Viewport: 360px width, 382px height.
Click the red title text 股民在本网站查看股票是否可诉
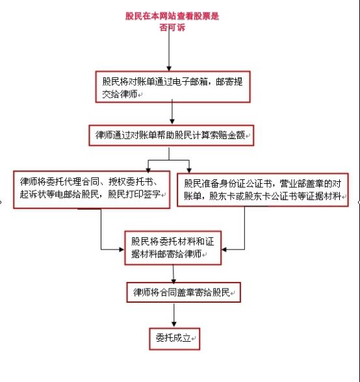click(172, 21)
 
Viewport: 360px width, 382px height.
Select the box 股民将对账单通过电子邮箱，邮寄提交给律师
click(173, 87)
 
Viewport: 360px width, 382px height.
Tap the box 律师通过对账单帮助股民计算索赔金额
click(172, 135)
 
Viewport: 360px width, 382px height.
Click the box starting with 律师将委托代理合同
click(92, 190)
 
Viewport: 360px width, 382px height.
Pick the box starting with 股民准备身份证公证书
click(263, 190)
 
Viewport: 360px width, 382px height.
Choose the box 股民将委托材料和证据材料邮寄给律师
click(173, 248)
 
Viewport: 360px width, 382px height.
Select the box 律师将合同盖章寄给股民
click(183, 292)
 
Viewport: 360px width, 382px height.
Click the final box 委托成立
click(175, 338)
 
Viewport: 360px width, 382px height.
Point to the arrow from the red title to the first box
click(169, 49)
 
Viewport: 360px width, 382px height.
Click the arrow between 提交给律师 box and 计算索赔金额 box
click(172, 112)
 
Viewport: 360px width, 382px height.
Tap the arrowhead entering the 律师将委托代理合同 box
click(148, 170)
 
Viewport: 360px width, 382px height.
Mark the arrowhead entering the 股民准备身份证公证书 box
click(189, 170)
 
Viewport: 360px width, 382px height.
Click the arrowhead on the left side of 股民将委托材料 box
click(122, 249)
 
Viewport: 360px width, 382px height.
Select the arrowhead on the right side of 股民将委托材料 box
click(224, 249)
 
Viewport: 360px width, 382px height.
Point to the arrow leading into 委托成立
click(174, 315)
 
